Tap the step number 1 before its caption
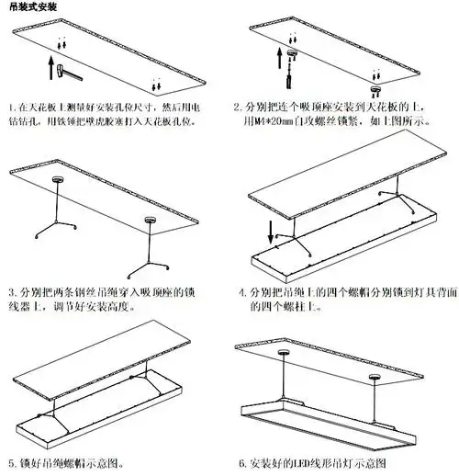click(9, 108)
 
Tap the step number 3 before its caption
click(9, 293)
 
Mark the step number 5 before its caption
click(9, 462)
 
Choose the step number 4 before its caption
click(241, 293)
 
